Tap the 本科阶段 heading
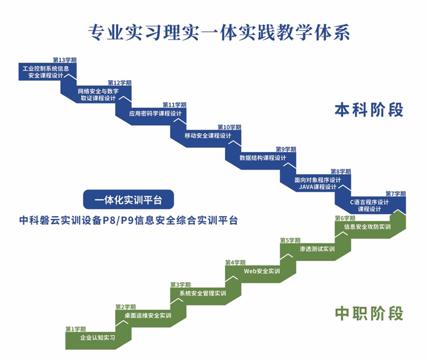pyautogui.click(x=369, y=110)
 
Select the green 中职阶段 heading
pyautogui.click(x=369, y=313)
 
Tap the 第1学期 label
pyautogui.click(x=75, y=329)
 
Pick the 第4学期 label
pyautogui.click(x=235, y=262)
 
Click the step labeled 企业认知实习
pyautogui.click(x=97, y=338)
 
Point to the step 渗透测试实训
pyautogui.click(x=317, y=249)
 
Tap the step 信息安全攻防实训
pyautogui.click(x=367, y=227)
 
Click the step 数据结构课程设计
pyautogui.click(x=263, y=158)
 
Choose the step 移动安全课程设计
pyautogui.click(x=207, y=136)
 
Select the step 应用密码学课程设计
pyautogui.click(x=155, y=113)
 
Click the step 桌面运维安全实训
pyautogui.click(x=148, y=316)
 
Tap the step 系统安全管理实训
pyautogui.click(x=202, y=293)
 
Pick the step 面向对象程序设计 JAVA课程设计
pyautogui.click(x=317, y=183)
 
